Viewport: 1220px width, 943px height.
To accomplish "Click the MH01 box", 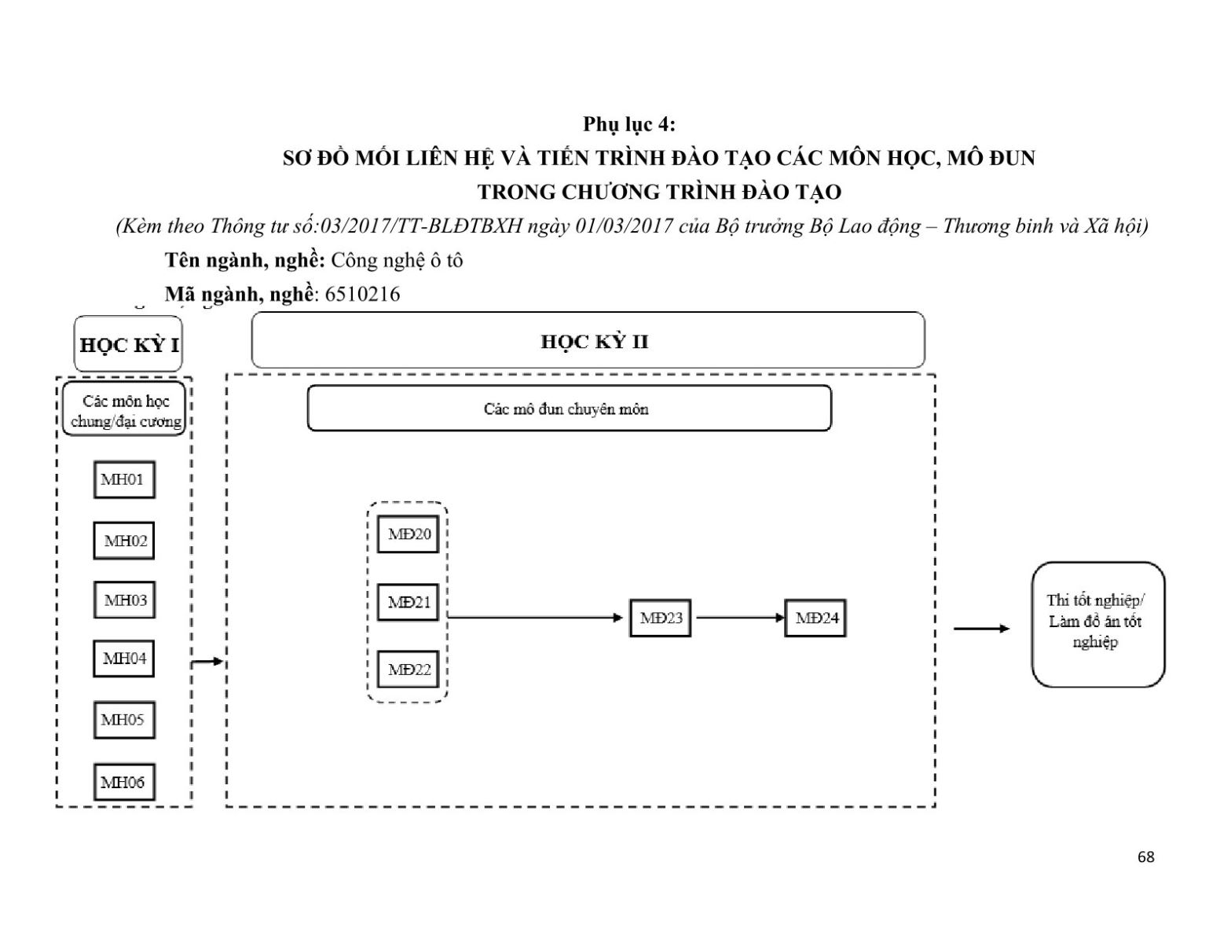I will click(x=124, y=479).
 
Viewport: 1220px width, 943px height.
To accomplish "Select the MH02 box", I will click(x=124, y=541).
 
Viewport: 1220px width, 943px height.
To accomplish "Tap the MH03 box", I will click(x=124, y=600).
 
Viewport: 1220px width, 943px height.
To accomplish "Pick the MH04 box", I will click(x=124, y=659).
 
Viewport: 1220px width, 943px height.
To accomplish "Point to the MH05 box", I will click(x=124, y=720).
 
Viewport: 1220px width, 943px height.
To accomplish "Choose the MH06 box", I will click(x=124, y=782).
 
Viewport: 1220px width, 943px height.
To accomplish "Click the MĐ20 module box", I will click(x=408, y=534).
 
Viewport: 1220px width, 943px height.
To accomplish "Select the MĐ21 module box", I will click(x=408, y=603).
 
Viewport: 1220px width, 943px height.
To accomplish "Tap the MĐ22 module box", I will click(x=408, y=670).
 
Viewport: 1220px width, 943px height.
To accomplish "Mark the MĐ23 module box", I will click(x=661, y=618).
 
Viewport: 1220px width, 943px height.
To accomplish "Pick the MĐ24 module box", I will click(x=815, y=618).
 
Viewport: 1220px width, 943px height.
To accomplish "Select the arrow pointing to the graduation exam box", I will click(x=981, y=629).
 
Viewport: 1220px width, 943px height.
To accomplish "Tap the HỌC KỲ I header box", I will click(x=128, y=344).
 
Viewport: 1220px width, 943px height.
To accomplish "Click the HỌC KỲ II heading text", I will click(x=595, y=342).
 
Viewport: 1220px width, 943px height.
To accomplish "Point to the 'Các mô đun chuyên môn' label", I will click(x=566, y=409).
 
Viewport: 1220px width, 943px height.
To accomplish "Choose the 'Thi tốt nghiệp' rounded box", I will click(x=1097, y=624).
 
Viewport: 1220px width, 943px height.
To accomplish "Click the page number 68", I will click(x=1146, y=857).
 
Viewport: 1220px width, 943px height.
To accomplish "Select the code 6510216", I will click(x=362, y=295).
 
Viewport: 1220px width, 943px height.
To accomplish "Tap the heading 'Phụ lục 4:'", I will click(x=628, y=124).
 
